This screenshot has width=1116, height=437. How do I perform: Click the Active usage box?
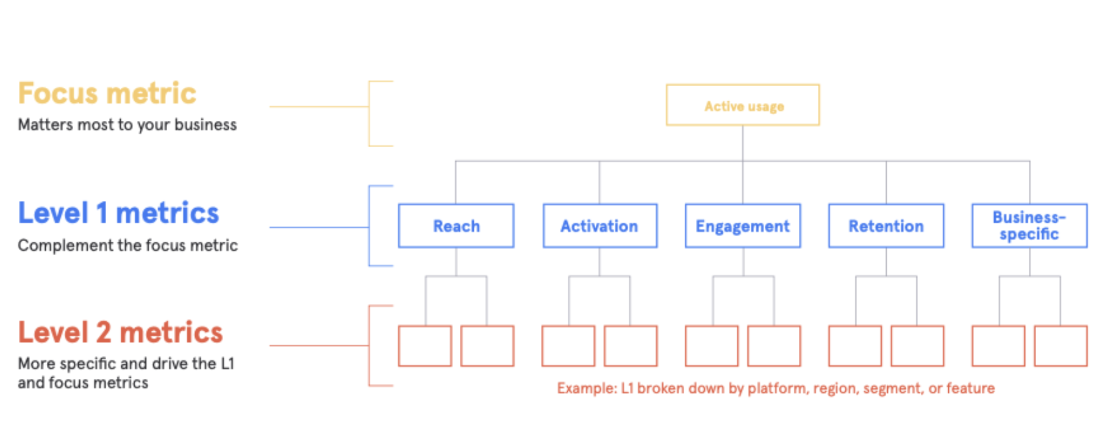[743, 106]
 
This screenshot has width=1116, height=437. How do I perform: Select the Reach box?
[456, 226]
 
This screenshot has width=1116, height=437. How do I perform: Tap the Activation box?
[600, 226]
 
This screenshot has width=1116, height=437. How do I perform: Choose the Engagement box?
[743, 226]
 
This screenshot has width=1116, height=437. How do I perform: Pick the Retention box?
[886, 226]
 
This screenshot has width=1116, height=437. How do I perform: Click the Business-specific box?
[1029, 226]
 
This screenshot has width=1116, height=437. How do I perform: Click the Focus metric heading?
[107, 93]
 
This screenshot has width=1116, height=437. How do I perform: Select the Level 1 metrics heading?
[118, 213]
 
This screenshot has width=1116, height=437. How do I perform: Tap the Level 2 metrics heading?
[120, 333]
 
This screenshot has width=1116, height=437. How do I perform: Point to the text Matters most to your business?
[127, 125]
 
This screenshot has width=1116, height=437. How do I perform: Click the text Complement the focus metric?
[128, 245]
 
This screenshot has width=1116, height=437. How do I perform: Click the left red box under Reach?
[425, 346]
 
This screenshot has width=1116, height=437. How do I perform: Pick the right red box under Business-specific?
[1061, 346]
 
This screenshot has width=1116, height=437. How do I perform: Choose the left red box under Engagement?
[712, 346]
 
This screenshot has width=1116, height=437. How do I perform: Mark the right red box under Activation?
[631, 346]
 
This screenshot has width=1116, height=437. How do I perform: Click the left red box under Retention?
[855, 346]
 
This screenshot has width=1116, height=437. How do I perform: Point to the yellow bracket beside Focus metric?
[369, 113]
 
